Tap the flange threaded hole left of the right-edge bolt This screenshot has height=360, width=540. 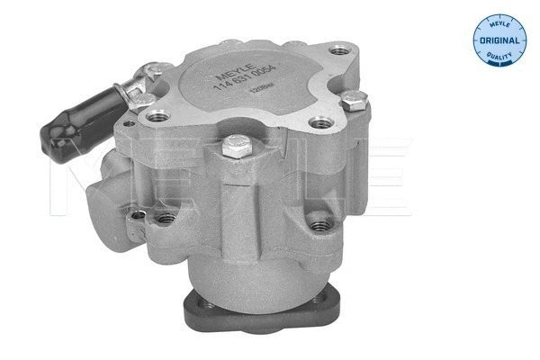point(317,123)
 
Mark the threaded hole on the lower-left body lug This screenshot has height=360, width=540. point(165,218)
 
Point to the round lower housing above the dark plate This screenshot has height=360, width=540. point(256,270)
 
